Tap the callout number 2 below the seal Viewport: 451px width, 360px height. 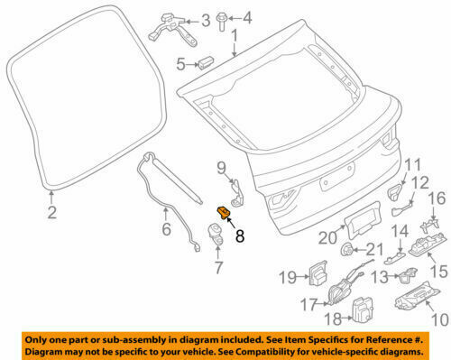pyautogui.click(x=51, y=213)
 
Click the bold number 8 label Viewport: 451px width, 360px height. pyautogui.click(x=240, y=237)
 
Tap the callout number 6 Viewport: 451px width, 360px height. pyautogui.click(x=165, y=230)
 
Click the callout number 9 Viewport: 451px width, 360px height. pyautogui.click(x=220, y=167)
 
